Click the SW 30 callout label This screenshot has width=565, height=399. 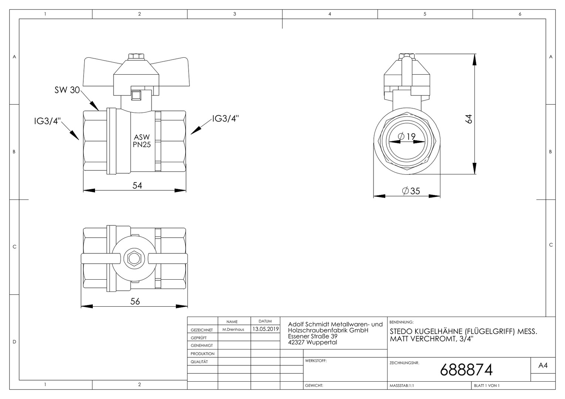67,90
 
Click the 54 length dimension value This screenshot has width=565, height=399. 137,185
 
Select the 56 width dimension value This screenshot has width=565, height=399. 135,301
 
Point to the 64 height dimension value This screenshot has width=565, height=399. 468,119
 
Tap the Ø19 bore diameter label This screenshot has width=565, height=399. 407,136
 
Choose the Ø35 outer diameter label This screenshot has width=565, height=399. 411,191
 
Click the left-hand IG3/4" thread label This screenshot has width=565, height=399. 47,121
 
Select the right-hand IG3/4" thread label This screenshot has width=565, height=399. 225,118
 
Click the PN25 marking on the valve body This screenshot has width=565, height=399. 142,145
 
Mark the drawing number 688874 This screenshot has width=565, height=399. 466,370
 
